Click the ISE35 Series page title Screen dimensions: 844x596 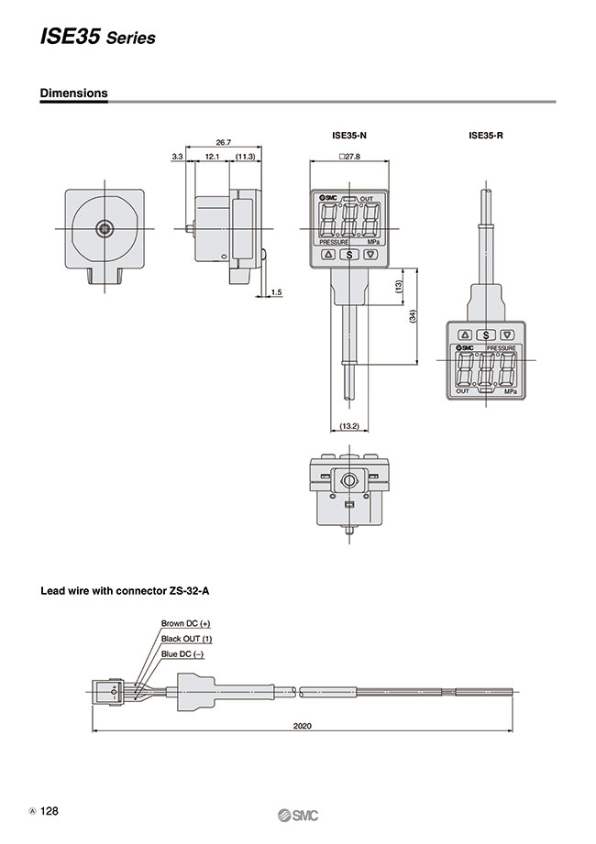[x=97, y=37]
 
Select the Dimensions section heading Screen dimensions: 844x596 [x=73, y=93]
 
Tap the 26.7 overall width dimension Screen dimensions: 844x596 [x=223, y=142]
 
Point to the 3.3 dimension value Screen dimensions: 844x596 [x=177, y=158]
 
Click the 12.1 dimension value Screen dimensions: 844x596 [x=211, y=158]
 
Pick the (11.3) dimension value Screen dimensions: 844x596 [x=245, y=158]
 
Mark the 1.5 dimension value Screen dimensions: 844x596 [x=277, y=292]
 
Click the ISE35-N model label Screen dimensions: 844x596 [x=348, y=136]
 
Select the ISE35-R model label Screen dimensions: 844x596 [x=486, y=136]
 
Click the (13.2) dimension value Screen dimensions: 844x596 [x=348, y=426]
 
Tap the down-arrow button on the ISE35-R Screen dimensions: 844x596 [x=506, y=335]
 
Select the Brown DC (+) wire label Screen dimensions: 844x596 [x=186, y=623]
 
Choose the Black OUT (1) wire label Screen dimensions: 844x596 [x=186, y=638]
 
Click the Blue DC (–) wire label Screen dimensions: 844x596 [x=182, y=653]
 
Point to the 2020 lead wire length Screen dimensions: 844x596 [x=303, y=726]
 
